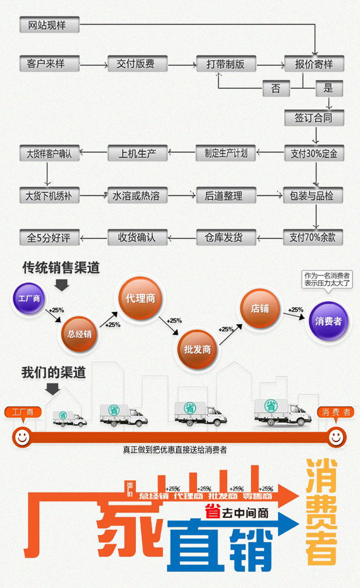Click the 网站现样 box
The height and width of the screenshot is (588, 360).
[49, 25]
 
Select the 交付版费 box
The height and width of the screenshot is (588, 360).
[138, 64]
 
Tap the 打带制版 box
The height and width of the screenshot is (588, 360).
[226, 64]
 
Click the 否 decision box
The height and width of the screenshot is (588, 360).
[276, 88]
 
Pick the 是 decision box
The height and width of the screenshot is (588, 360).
[329, 88]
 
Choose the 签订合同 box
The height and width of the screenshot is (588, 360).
[314, 118]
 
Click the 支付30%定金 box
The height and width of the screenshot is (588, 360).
[314, 153]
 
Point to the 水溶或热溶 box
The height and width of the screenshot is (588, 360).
[138, 196]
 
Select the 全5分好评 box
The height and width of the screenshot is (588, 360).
[49, 237]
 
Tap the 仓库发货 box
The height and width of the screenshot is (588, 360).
[226, 237]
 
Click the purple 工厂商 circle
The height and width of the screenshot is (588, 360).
[29, 299]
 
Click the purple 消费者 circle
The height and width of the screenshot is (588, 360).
[328, 321]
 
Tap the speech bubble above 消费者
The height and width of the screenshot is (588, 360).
[328, 279]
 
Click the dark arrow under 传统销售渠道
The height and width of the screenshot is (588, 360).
[62, 285]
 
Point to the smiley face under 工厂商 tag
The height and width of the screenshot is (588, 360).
[22, 437]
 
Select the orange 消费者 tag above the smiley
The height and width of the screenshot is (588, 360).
[336, 412]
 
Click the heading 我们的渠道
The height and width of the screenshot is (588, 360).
[53, 372]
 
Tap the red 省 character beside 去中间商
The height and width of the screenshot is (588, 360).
[211, 512]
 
